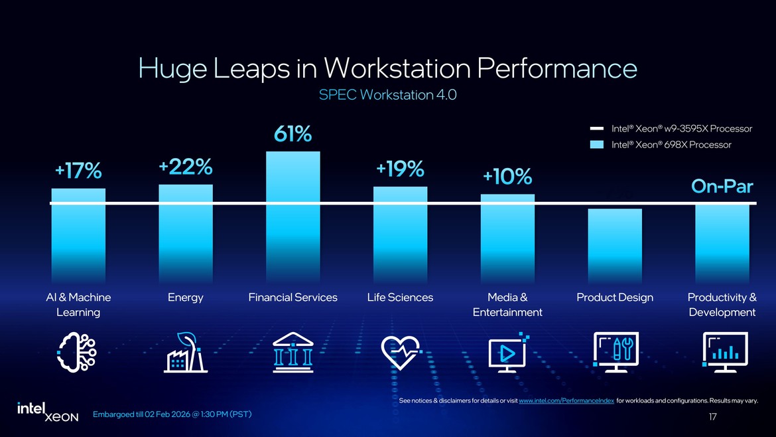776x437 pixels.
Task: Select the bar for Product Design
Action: (615, 246)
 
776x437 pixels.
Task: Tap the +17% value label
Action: (78, 171)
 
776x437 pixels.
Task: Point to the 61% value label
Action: (293, 135)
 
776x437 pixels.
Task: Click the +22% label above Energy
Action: (186, 167)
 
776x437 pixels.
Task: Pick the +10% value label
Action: (507, 177)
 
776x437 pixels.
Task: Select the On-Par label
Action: (722, 187)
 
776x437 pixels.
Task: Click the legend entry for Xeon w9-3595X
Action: (671, 128)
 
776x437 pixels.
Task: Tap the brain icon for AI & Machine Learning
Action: (78, 353)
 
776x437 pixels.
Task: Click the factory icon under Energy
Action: (186, 353)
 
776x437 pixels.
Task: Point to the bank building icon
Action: (292, 353)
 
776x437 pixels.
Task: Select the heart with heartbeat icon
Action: (401, 353)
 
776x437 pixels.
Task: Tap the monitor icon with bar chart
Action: (724, 352)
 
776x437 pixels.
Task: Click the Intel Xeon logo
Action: (47, 412)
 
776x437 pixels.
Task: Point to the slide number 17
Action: (713, 417)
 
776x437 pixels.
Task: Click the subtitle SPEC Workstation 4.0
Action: (387, 95)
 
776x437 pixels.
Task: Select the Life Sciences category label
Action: (400, 298)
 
